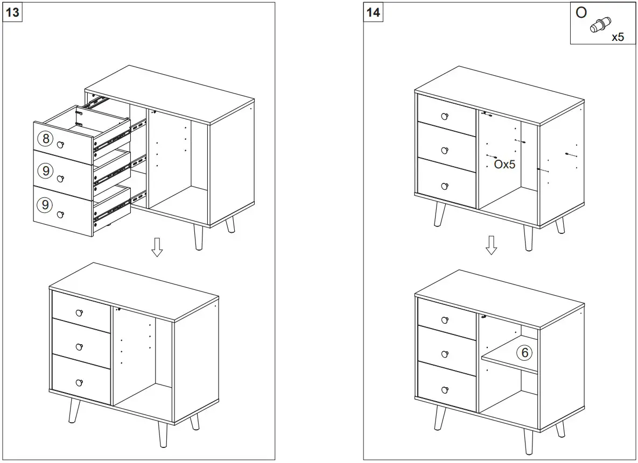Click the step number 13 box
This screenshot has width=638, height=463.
click(x=12, y=12)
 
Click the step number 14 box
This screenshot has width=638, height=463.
click(x=373, y=12)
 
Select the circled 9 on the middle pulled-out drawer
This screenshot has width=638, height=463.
click(x=46, y=172)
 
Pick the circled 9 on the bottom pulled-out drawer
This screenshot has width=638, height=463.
click(x=46, y=205)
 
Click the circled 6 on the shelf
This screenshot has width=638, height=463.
click(x=524, y=353)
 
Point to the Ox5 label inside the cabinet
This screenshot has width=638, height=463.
click(x=504, y=165)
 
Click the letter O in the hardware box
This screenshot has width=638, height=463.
click(x=581, y=12)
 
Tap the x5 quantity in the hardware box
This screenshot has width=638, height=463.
click(x=618, y=38)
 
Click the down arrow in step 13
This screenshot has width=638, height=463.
click(x=157, y=247)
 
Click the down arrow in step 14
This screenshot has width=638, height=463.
click(x=490, y=245)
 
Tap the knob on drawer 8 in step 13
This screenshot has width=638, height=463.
click(x=60, y=144)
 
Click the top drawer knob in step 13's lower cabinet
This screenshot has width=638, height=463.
click(x=80, y=313)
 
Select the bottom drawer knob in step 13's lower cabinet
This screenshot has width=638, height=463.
click(x=80, y=382)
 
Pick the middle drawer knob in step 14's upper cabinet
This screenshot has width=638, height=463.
click(x=445, y=150)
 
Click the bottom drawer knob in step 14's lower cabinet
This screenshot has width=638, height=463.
click(x=445, y=390)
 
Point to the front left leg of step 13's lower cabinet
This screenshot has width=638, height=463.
click(x=74, y=411)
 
